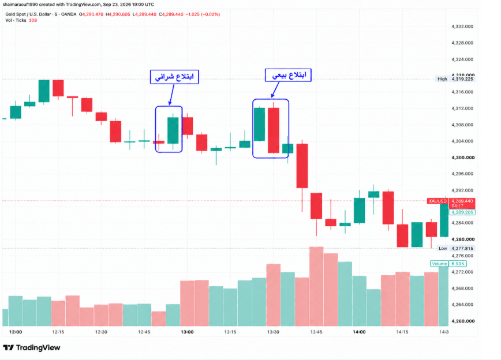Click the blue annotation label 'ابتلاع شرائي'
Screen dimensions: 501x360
pyautogui.click(x=174, y=77)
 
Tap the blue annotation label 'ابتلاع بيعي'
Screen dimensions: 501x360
pyautogui.click(x=288, y=76)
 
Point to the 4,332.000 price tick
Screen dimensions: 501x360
pyautogui.click(x=462, y=27)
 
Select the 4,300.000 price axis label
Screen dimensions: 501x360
pyautogui.click(x=463, y=157)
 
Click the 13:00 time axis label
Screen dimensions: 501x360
pyautogui.click(x=187, y=332)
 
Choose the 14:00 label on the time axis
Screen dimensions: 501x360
pyautogui.click(x=359, y=332)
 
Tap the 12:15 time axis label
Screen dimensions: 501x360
pyautogui.click(x=58, y=332)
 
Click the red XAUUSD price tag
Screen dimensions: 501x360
pyautogui.click(x=438, y=201)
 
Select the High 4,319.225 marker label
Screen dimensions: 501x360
pyautogui.click(x=455, y=79)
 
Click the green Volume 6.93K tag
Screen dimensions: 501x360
pyautogui.click(x=448, y=264)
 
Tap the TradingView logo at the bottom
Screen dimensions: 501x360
pyautogui.click(x=32, y=347)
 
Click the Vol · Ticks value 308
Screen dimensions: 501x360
pyautogui.click(x=33, y=20)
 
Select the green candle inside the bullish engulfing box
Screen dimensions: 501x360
pyautogui.click(x=173, y=131)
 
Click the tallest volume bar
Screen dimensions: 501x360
pyautogui.click(x=316, y=286)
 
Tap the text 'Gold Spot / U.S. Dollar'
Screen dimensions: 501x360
pyautogui.click(x=28, y=14)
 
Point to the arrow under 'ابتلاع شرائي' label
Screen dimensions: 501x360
pyautogui.click(x=171, y=95)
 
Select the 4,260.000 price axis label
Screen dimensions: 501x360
pyautogui.click(x=463, y=321)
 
